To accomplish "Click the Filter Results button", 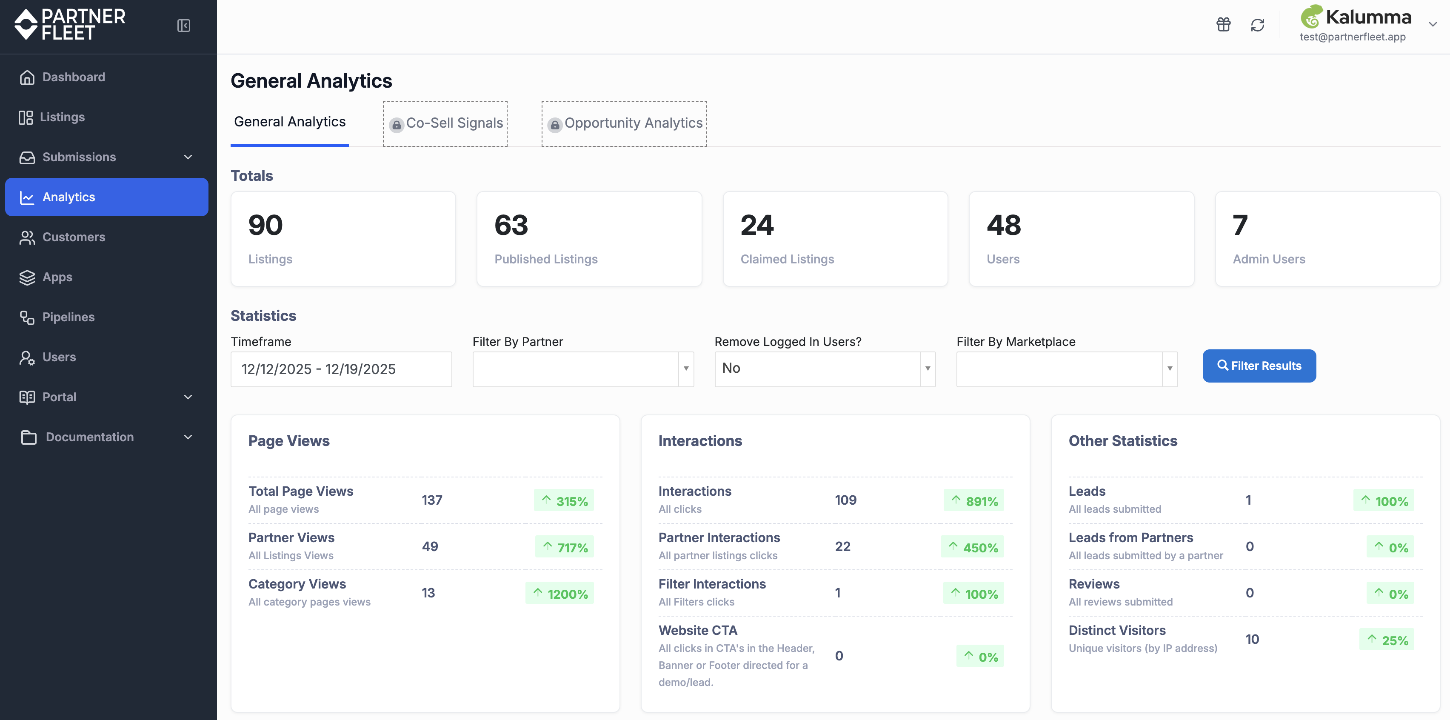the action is pos(1259,366).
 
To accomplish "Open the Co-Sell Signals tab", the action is pos(445,123).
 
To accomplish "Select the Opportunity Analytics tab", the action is pos(624,123).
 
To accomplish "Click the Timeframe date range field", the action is pos(341,369).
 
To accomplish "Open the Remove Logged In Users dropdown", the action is pos(825,369).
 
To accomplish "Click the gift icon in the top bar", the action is pos(1223,25).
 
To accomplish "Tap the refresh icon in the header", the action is pos(1258,25).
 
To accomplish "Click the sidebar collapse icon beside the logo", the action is pos(183,26).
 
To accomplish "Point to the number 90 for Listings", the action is pos(265,225).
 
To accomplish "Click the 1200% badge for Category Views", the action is pos(559,593).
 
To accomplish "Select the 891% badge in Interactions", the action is pos(974,500).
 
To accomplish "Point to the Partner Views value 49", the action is pos(430,547).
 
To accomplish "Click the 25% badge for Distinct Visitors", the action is pos(1387,640).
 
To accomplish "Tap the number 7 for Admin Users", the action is pos(1240,225).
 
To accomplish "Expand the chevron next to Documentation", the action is pos(188,437).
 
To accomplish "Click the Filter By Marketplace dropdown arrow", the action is pos(1170,369).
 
